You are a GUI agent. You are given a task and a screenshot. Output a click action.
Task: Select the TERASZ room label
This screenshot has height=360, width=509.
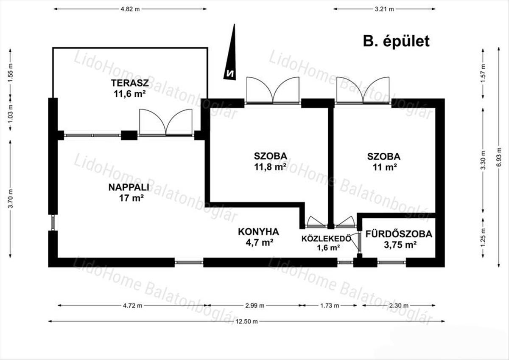tap(130, 83)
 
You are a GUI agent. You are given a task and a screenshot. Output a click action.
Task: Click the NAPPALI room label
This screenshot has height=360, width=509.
tap(129, 187)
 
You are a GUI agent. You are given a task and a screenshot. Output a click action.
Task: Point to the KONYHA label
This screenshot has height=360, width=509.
tap(258, 231)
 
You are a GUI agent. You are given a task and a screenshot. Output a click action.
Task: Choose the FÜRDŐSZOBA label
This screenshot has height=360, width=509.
tap(399, 234)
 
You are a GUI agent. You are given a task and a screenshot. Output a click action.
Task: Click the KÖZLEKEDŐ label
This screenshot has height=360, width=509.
tap(326, 239)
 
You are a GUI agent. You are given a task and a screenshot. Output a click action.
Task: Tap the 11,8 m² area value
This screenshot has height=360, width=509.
tap(270, 167)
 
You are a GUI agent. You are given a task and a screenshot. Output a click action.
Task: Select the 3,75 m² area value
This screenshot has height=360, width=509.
tap(400, 245)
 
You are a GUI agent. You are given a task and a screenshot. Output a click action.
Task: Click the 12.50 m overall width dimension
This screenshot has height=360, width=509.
tap(246, 321)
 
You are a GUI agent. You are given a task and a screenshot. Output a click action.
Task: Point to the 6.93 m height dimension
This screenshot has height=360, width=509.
tap(498, 157)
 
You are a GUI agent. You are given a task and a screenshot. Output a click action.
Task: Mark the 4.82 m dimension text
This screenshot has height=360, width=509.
tap(130, 9)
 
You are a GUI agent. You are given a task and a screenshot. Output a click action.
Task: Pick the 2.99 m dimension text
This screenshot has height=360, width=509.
tap(255, 306)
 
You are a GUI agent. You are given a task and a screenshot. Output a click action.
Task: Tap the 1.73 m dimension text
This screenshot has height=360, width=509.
tap(330, 306)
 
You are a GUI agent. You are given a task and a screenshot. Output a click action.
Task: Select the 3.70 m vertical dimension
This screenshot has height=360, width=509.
tap(10, 199)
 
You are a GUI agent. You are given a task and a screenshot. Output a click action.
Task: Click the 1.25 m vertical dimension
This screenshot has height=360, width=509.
tap(483, 237)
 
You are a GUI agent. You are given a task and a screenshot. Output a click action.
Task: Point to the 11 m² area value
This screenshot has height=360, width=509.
tap(384, 167)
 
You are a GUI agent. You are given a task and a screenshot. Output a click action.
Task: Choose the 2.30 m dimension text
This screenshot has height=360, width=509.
tap(399, 306)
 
